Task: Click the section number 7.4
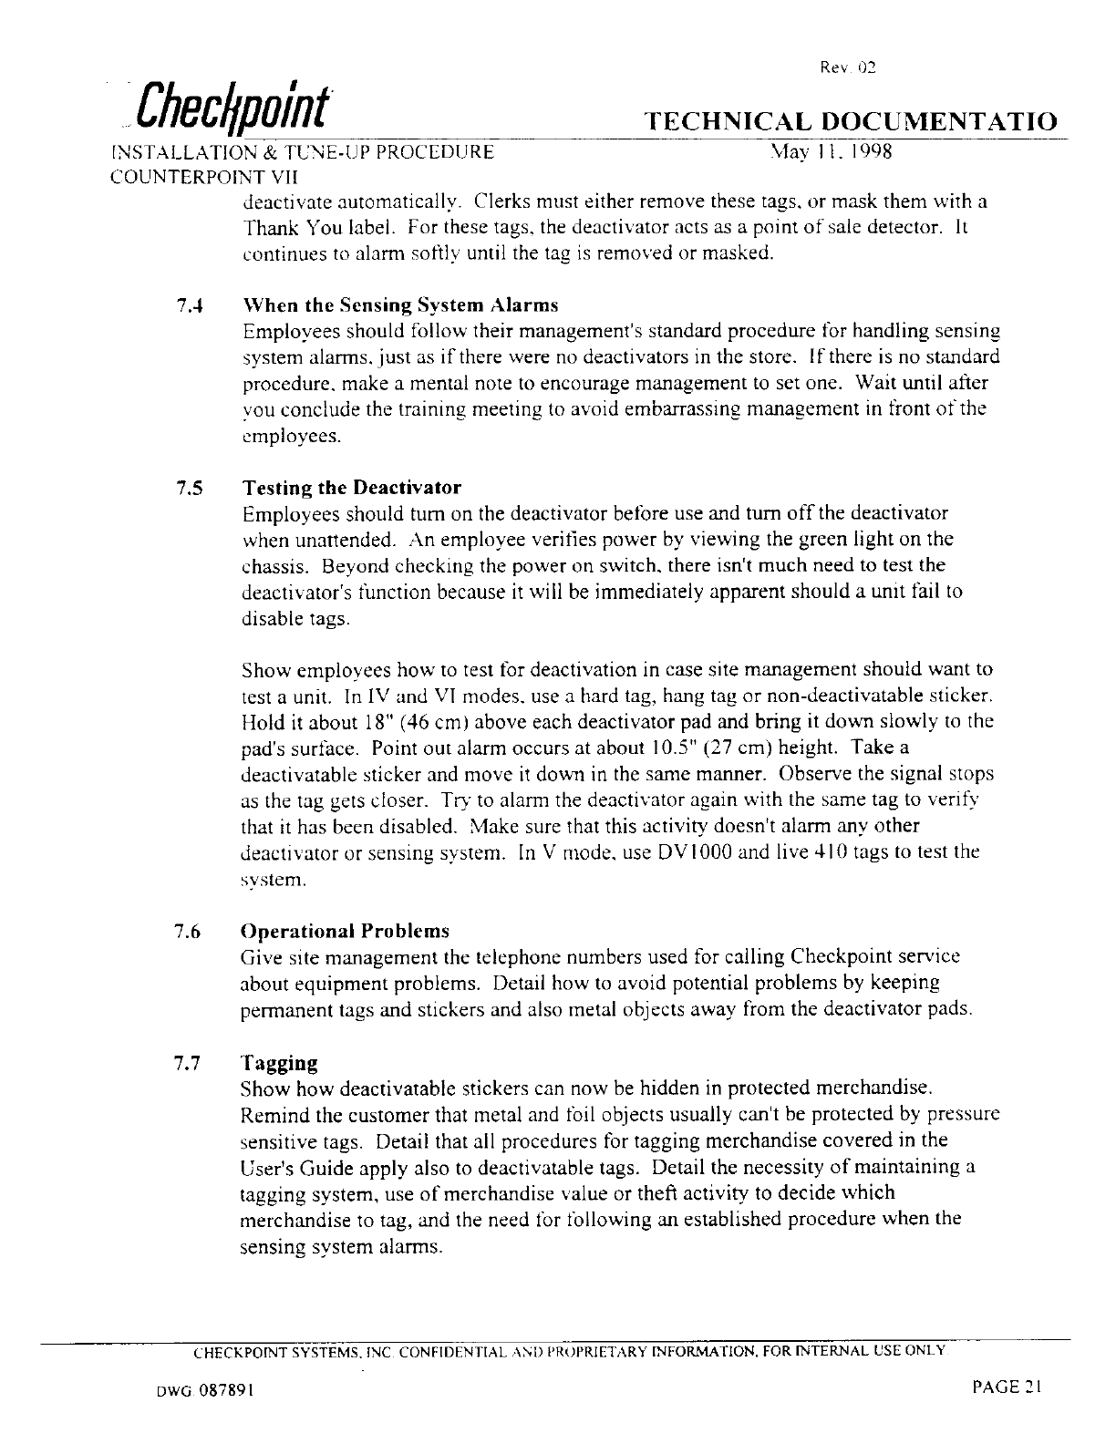(191, 304)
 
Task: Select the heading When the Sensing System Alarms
(399, 304)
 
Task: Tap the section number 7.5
(191, 488)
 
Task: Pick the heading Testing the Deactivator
(351, 487)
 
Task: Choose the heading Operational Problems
(345, 932)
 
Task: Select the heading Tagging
(279, 1064)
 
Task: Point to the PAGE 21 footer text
(1006, 1387)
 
